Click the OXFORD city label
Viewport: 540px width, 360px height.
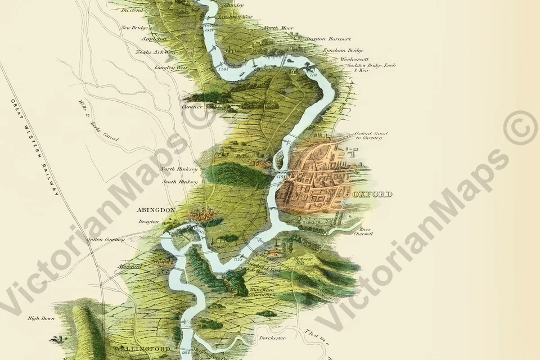tap(375, 194)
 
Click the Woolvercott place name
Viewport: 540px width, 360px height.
tap(354, 58)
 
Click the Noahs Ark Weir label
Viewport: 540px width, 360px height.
tap(156, 52)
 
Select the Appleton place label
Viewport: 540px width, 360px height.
tap(154, 39)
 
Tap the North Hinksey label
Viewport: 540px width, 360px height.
tap(179, 169)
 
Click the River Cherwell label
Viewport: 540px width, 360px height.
tap(366, 231)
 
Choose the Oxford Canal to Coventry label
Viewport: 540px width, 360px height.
tap(368, 136)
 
